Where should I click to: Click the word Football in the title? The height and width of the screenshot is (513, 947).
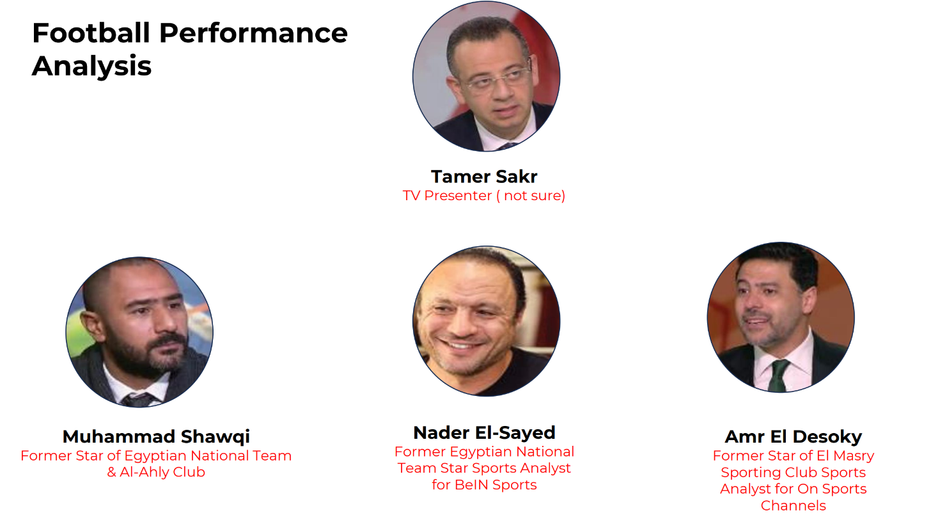pyautogui.click(x=91, y=33)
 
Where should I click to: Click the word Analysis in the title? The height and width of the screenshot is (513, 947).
pyautogui.click(x=91, y=67)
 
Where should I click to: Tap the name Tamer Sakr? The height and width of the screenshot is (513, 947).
pyautogui.click(x=484, y=177)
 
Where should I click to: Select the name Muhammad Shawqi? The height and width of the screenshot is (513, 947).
pyautogui.click(x=156, y=437)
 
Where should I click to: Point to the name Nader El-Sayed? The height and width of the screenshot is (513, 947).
pyautogui.click(x=484, y=432)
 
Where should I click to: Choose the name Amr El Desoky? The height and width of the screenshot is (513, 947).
pyautogui.click(x=793, y=437)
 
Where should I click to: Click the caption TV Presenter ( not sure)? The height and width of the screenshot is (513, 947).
pyautogui.click(x=484, y=196)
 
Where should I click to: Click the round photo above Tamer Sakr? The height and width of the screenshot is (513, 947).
pyautogui.click(x=486, y=76)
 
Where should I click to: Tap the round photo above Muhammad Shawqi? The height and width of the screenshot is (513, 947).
pyautogui.click(x=139, y=332)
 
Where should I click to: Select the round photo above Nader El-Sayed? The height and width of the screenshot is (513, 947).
pyautogui.click(x=486, y=321)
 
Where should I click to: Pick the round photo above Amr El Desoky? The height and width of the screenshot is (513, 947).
pyautogui.click(x=781, y=317)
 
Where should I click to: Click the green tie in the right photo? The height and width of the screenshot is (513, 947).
pyautogui.click(x=777, y=375)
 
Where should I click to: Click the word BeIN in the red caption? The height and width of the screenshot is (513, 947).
pyautogui.click(x=471, y=485)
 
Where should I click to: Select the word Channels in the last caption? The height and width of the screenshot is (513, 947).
pyautogui.click(x=793, y=505)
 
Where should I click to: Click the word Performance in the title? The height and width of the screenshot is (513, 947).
pyautogui.click(x=253, y=33)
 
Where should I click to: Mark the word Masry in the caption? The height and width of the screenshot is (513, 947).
pyautogui.click(x=853, y=456)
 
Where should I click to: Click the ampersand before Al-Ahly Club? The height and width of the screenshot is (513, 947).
pyautogui.click(x=111, y=472)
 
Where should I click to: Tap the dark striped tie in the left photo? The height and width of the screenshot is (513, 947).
pyautogui.click(x=137, y=400)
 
